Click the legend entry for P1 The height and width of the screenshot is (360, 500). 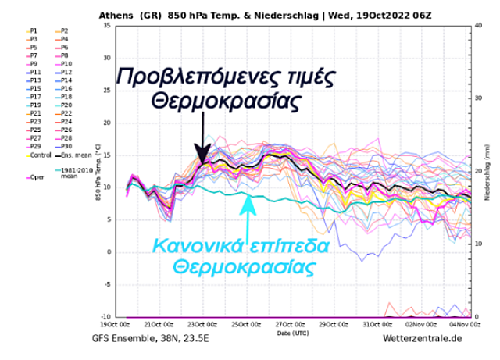click(x=32, y=30)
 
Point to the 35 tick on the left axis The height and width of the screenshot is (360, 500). click(x=109, y=27)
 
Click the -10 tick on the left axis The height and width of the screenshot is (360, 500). click(x=107, y=317)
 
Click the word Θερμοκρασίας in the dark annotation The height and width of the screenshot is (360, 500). click(x=226, y=101)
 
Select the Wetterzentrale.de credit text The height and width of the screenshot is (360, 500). click(x=422, y=339)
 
